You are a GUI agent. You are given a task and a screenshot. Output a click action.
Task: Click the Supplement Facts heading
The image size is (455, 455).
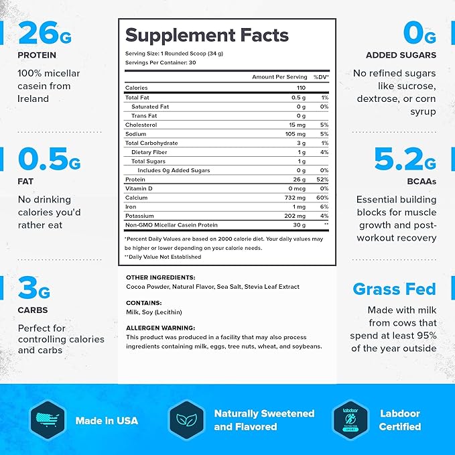coord(206,35)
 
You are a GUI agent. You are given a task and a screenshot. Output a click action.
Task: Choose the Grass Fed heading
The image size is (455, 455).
coord(394,289)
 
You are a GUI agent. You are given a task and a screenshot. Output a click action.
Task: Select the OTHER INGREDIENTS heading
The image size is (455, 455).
coord(160,277)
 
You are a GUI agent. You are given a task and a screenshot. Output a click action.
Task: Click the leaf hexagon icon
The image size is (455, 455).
coord(185,420)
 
